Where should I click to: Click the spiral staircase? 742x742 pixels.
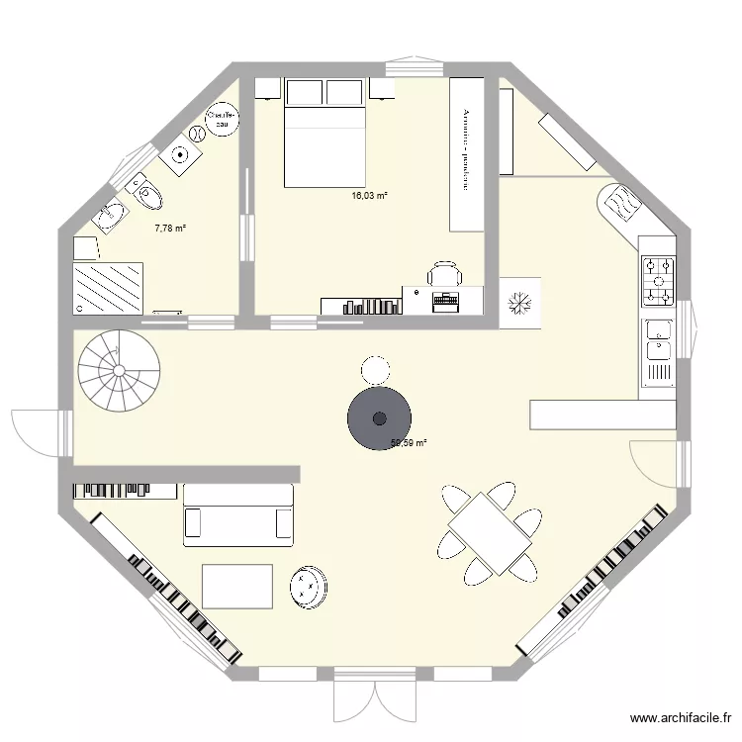[119, 369]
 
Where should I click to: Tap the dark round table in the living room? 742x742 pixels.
[379, 418]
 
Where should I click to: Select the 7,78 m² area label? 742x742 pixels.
[170, 229]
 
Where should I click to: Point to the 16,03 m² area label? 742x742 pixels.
[369, 196]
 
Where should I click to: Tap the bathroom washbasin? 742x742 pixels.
[110, 214]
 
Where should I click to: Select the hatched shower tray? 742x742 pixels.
[109, 288]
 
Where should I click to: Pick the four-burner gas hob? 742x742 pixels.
[658, 279]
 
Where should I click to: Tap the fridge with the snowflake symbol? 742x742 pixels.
[521, 303]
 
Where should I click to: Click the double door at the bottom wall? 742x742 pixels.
[375, 693]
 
